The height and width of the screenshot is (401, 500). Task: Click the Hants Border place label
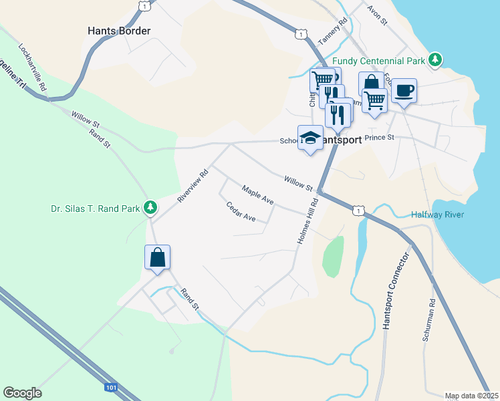[x=119, y=31]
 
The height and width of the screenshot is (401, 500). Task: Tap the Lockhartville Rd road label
[x=33, y=68]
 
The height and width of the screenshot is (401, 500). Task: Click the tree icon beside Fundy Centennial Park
[x=435, y=60]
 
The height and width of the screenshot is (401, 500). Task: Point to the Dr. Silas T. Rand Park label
[x=96, y=209]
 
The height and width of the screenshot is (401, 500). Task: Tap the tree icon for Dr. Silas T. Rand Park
[x=151, y=208]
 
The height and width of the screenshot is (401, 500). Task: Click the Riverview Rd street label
[x=193, y=186]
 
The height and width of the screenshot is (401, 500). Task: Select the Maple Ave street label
[x=258, y=195]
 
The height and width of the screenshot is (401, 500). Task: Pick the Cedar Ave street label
[x=241, y=212]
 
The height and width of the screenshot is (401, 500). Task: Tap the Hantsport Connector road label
[x=394, y=291]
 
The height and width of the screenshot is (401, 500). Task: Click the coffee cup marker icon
[x=404, y=90]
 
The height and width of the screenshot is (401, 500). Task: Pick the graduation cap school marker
[x=309, y=138]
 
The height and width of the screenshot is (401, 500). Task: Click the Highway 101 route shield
[x=111, y=387]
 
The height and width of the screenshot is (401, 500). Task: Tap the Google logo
[x=22, y=393]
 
